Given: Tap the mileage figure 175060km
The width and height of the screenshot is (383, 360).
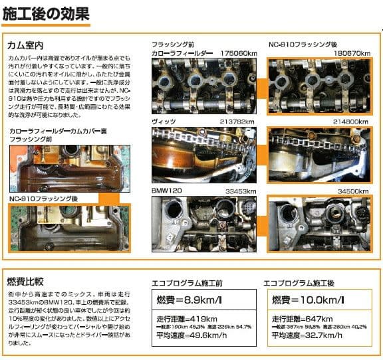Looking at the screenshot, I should click(239, 52).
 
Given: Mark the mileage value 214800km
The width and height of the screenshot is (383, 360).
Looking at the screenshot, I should click(353, 122).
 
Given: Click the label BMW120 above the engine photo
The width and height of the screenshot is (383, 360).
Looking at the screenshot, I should click(167, 191).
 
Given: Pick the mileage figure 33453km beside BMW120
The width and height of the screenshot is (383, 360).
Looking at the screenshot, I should click(241, 191).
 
